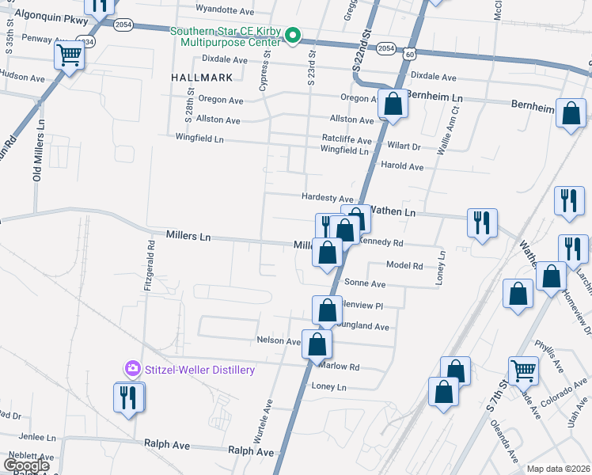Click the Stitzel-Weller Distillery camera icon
click(x=132, y=369)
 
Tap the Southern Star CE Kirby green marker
click(x=292, y=35)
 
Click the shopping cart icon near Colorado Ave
click(x=523, y=369)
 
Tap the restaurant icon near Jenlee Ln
click(x=129, y=396)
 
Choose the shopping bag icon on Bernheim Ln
click(x=393, y=103)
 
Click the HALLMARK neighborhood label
click(x=201, y=78)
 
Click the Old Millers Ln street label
click(x=36, y=158)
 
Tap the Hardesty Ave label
click(x=327, y=198)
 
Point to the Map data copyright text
click(x=558, y=469)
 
